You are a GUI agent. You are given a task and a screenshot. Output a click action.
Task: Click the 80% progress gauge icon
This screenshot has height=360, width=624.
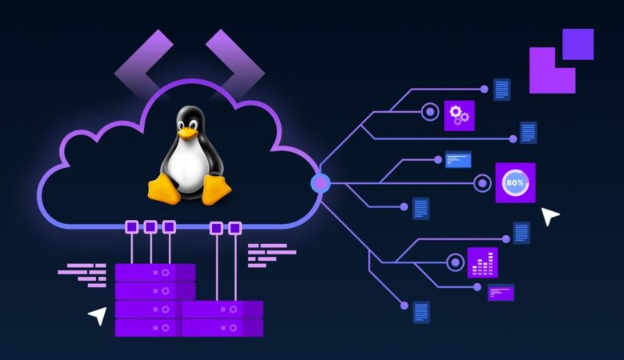(514, 183)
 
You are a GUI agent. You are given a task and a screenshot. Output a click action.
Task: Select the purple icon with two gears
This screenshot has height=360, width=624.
(459, 115)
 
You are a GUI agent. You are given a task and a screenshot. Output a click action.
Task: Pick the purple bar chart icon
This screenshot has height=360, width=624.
(482, 262)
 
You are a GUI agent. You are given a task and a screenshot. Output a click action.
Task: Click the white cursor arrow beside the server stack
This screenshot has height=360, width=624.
(97, 315)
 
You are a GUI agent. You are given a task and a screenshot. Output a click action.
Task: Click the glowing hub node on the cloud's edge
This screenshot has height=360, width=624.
(320, 183)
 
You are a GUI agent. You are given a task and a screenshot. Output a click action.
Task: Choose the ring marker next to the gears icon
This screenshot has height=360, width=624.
(430, 112)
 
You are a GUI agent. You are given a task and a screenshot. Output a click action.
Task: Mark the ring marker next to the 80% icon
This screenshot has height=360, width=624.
(482, 183)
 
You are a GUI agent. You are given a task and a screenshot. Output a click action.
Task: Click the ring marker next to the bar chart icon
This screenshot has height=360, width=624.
(455, 262)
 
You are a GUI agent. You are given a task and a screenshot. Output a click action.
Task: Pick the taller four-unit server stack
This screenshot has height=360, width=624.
(154, 300)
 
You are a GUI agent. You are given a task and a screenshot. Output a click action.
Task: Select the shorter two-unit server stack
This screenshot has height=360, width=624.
(223, 318)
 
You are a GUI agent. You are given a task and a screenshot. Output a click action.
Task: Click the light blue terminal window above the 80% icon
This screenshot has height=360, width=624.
(458, 158)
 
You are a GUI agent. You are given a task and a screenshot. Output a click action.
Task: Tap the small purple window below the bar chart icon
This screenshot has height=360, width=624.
(501, 292)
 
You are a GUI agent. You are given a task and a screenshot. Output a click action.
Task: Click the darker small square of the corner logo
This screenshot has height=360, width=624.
(578, 44)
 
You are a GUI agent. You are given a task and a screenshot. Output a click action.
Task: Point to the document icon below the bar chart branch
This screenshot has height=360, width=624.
(421, 311)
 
